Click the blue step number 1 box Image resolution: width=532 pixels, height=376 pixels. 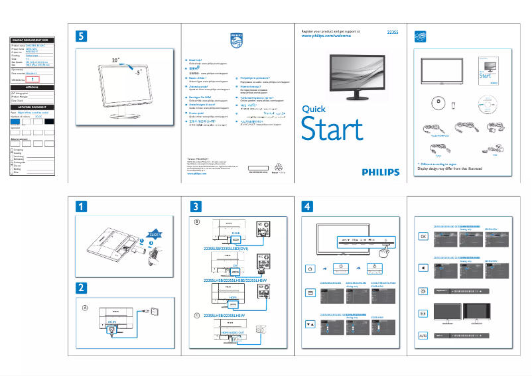(x=81, y=206)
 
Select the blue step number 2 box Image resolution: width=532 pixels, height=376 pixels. (x=81, y=288)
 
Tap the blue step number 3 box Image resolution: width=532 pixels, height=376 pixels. (x=195, y=206)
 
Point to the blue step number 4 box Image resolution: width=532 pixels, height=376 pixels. (x=308, y=206)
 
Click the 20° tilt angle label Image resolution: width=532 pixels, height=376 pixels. (x=115, y=60)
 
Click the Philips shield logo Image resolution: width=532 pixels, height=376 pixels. (x=237, y=39)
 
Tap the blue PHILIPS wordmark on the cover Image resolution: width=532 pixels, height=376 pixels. (x=381, y=172)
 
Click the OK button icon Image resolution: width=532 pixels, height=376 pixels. (x=423, y=236)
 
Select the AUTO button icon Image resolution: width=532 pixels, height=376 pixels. (x=423, y=336)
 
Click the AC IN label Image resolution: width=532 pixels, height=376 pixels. (x=112, y=321)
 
